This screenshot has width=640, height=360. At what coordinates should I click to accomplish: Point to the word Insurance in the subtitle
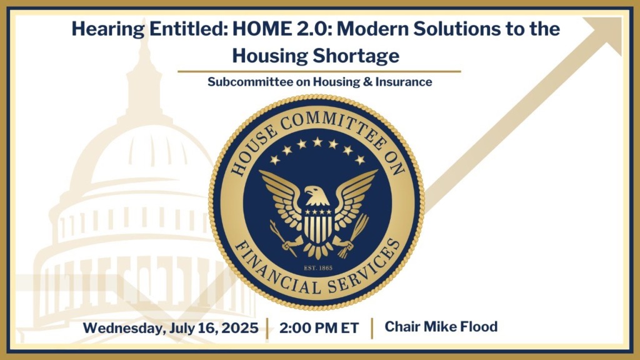[x=404, y=82]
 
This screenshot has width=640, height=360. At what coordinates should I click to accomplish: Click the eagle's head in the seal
[x=317, y=196]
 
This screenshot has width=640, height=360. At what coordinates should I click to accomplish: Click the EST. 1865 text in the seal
[x=318, y=268]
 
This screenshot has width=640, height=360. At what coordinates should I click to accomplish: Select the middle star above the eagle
[x=317, y=142]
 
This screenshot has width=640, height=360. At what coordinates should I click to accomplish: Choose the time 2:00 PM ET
[x=319, y=328]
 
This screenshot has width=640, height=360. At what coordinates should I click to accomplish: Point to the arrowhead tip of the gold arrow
[x=621, y=17]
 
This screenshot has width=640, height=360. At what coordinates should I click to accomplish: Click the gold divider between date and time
[x=267, y=328]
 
